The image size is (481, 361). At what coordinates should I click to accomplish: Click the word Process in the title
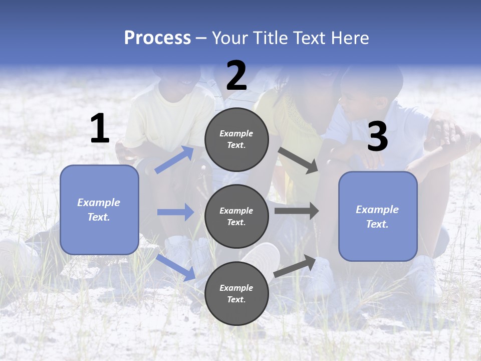coord(157,38)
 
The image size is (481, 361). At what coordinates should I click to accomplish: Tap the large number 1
coord(100,129)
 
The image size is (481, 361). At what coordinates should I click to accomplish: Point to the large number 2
coord(236,76)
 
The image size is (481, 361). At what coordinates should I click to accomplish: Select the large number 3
coord(377,137)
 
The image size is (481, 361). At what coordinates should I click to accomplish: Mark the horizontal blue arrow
coord(175,212)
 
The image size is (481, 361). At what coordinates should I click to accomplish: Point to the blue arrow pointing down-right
coord(176,267)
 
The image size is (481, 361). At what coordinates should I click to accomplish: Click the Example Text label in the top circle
coord(236,139)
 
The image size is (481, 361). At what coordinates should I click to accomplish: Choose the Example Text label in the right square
coord(377,217)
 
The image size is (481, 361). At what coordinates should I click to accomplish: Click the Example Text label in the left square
coord(99,210)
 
